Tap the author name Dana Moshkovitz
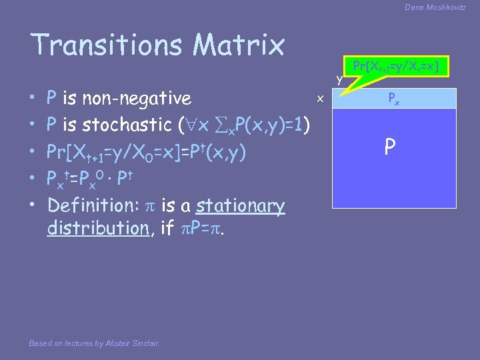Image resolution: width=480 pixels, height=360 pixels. (435, 7)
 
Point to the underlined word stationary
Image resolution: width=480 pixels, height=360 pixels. (240, 205)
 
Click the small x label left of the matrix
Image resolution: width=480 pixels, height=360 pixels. (320, 99)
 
